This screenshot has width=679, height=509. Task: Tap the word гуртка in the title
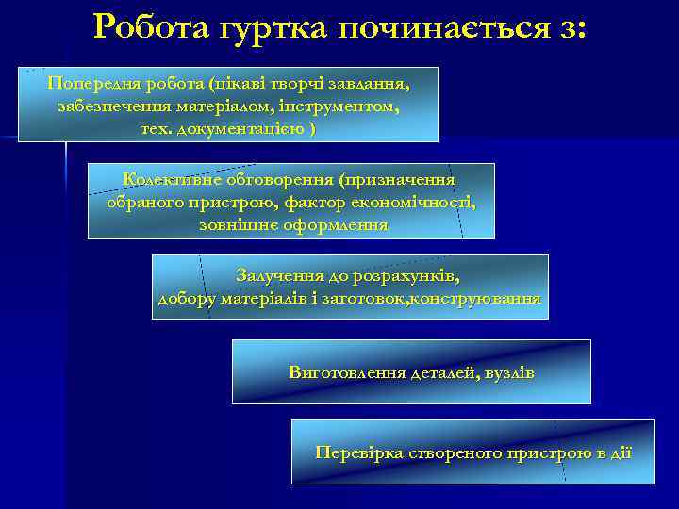(x=270, y=27)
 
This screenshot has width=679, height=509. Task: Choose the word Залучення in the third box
(x=279, y=275)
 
